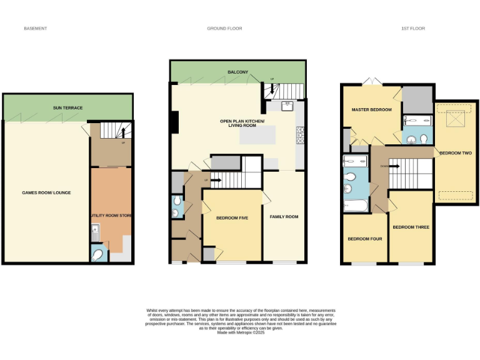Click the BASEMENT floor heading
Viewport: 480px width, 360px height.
tap(35, 29)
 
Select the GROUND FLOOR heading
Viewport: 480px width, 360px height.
tap(224, 29)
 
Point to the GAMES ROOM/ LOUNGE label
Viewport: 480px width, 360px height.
tap(46, 192)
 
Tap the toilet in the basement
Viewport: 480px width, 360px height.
tap(97, 254)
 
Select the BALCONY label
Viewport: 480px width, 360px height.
tap(237, 72)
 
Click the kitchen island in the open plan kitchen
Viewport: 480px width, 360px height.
tap(257, 134)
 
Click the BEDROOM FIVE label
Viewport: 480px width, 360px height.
tap(232, 218)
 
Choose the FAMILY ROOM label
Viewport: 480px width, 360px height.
tap(284, 217)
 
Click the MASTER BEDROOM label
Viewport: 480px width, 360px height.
tap(371, 110)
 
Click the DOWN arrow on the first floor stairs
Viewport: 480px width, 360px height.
tap(383, 166)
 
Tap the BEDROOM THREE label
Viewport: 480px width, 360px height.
tap(411, 227)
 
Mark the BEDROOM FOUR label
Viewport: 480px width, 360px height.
tap(364, 239)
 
